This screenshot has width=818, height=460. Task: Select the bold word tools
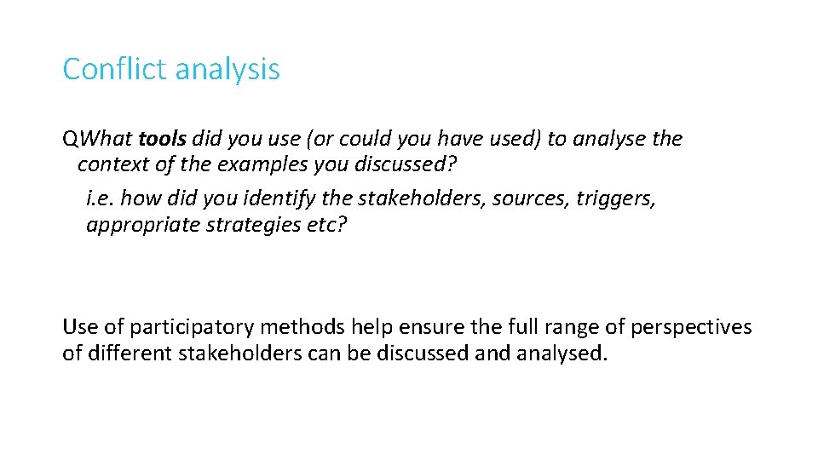(x=163, y=138)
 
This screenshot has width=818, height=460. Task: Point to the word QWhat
(x=97, y=138)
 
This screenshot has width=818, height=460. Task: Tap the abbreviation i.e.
(x=101, y=199)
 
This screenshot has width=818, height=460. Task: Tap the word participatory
(x=195, y=327)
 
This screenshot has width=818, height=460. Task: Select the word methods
(x=302, y=327)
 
